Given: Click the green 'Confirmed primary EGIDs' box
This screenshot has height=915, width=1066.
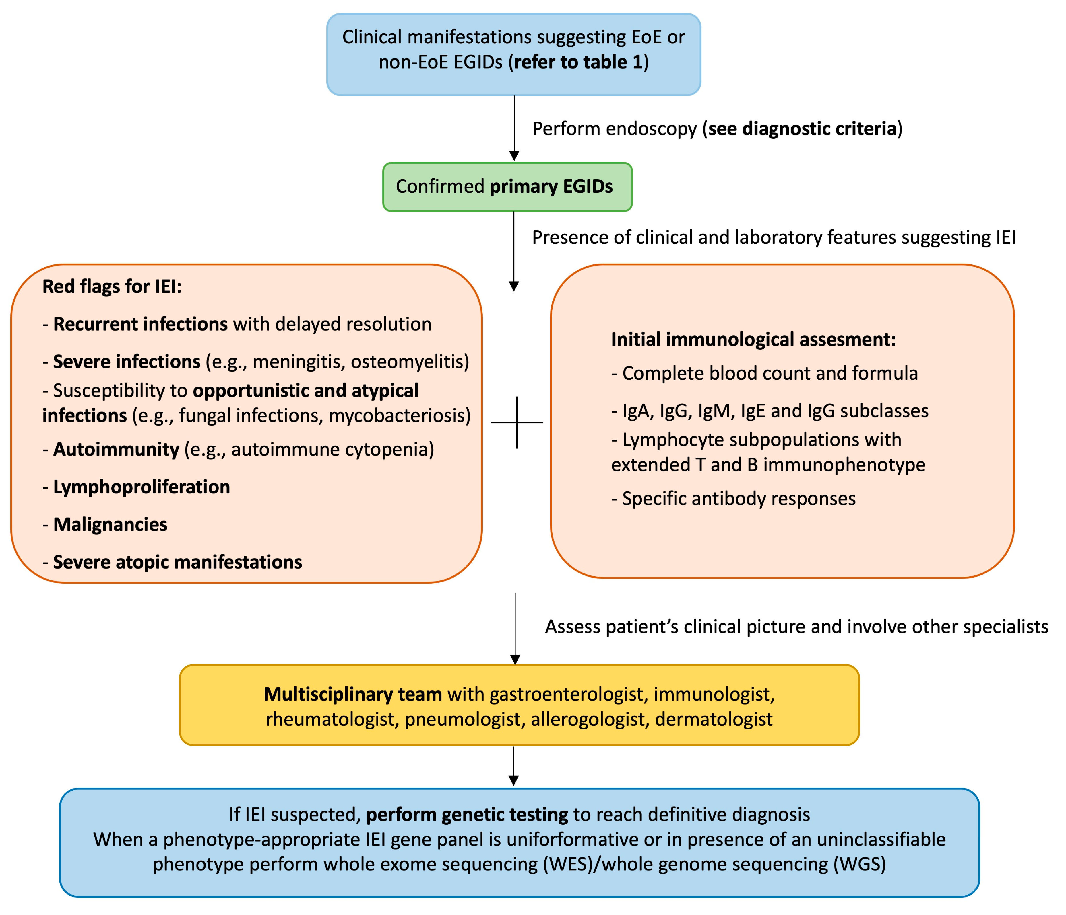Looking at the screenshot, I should click(507, 187).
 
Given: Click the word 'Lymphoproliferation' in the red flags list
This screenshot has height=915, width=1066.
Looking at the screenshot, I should click(142, 487).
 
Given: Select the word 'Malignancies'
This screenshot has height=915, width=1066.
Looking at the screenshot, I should click(110, 524).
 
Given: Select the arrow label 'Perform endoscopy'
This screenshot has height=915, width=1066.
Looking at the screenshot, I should click(615, 128).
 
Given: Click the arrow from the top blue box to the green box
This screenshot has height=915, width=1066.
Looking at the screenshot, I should click(514, 128).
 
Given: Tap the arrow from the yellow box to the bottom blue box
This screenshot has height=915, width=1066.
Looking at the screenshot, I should click(513, 766).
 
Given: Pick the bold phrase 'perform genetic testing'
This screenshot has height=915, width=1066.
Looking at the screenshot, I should click(467, 814).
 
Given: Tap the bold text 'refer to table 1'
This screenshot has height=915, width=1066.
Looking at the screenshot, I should click(578, 62).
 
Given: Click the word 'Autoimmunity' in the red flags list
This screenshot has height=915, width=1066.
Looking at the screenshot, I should click(116, 449).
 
